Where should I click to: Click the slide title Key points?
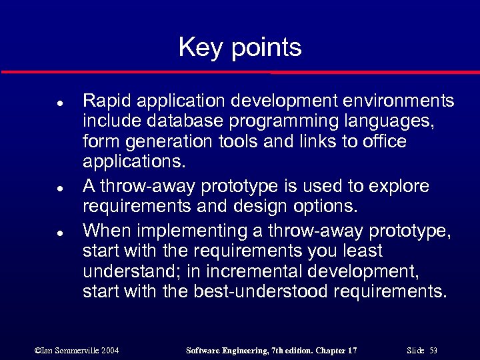pyautogui.click(x=240, y=47)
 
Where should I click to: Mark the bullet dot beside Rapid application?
pyautogui.click(x=59, y=104)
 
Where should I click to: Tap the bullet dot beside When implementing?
pyautogui.click(x=59, y=233)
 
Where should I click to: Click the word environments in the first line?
pyautogui.click(x=398, y=101)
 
